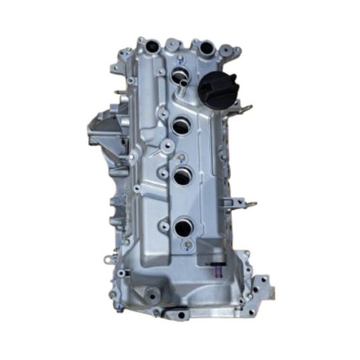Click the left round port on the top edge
[153, 47]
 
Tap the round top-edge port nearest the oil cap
[206, 48]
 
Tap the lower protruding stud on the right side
[249, 204]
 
